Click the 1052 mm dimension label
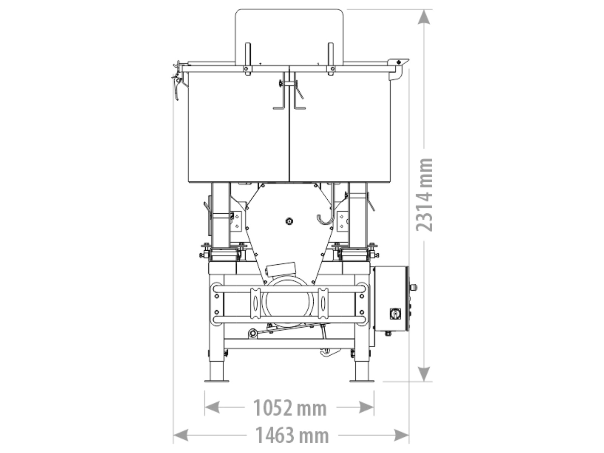[x=290, y=408]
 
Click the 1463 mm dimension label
[x=292, y=435]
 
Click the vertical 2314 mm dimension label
[x=424, y=195]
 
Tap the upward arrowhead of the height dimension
[x=424, y=17]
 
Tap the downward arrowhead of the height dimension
[x=424, y=374]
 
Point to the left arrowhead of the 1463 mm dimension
[x=180, y=435]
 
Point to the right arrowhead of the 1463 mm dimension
[x=402, y=435]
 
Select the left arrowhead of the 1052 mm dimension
[x=212, y=407]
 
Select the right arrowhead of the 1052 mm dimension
[x=367, y=407]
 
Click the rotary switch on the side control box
[x=395, y=314]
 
